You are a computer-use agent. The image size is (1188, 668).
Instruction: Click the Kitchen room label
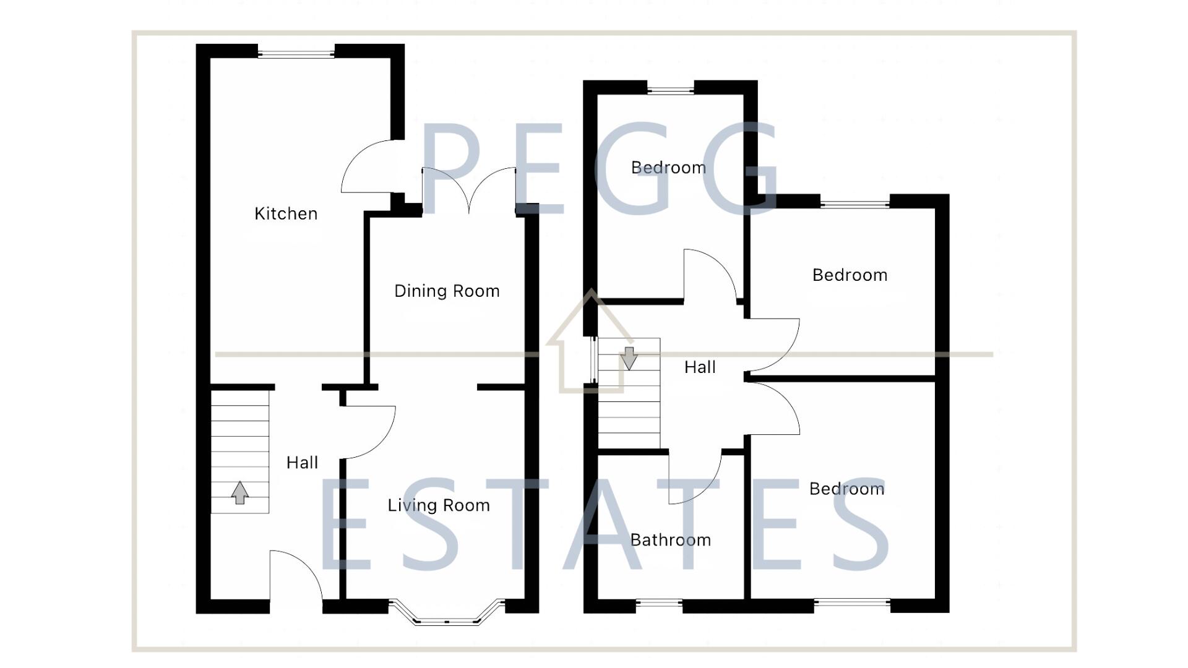[285, 213]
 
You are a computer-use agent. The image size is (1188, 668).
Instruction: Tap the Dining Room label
[447, 291]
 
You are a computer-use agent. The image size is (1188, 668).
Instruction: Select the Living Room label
[439, 505]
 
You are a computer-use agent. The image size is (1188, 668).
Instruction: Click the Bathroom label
[670, 540]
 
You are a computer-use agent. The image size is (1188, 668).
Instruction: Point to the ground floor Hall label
[302, 463]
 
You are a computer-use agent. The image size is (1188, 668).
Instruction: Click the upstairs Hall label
[700, 367]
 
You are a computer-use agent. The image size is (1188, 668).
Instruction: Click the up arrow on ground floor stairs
[240, 493]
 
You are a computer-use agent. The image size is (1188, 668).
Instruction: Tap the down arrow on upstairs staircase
[629, 358]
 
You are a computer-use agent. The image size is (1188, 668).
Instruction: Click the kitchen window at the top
[296, 54]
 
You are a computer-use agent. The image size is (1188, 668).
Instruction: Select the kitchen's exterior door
[368, 166]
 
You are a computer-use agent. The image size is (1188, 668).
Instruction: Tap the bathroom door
[695, 479]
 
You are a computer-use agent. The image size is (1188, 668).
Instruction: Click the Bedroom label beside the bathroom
[846, 489]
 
